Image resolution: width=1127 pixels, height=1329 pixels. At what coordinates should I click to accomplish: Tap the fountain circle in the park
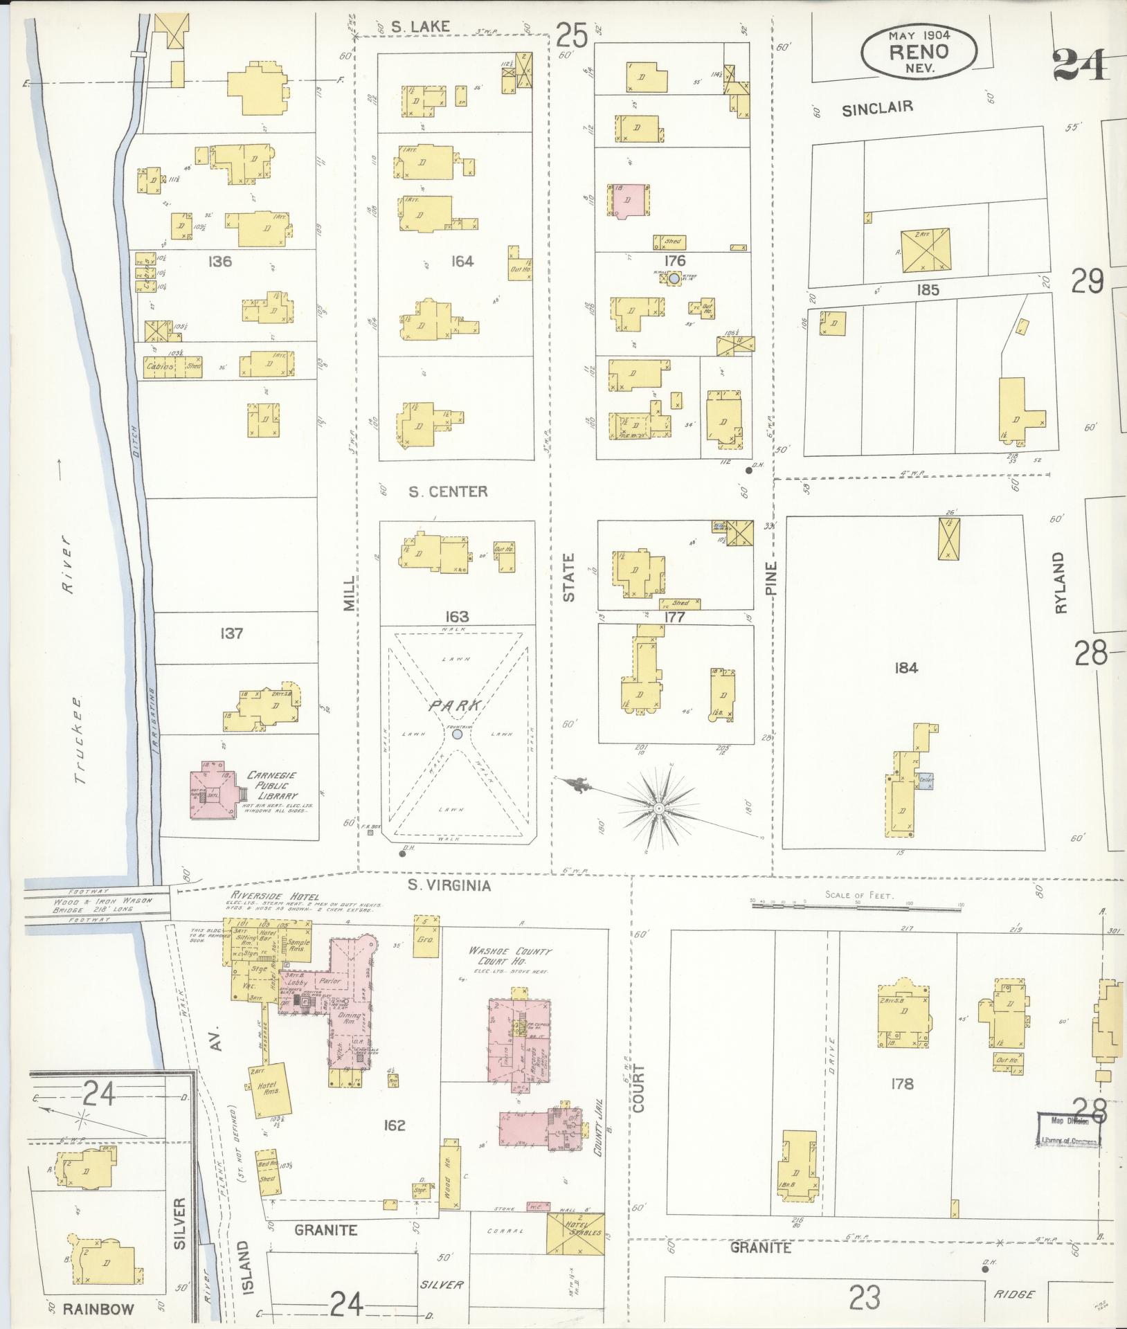(x=456, y=734)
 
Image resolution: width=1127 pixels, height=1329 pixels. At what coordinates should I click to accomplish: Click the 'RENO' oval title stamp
(x=919, y=51)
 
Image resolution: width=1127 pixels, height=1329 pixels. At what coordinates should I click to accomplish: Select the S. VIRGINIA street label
(x=449, y=885)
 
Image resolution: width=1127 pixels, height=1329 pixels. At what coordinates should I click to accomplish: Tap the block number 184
(x=905, y=668)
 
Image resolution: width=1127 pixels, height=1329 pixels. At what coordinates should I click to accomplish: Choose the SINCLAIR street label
(x=877, y=107)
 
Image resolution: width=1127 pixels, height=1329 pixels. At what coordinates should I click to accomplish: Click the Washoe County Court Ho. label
(x=510, y=957)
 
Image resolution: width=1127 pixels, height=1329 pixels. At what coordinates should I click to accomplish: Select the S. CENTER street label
(x=447, y=491)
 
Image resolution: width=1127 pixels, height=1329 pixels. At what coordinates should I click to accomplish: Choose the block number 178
(x=902, y=1083)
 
